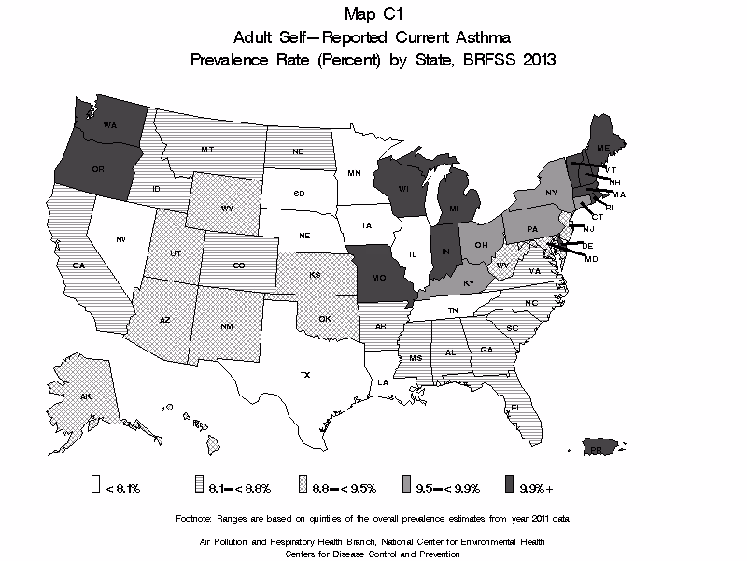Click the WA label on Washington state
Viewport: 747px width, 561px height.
[x=109, y=125]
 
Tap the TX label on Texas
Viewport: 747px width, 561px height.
[x=304, y=374]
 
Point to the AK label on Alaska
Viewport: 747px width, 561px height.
[x=86, y=396]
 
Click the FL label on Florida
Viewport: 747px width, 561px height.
[x=515, y=408]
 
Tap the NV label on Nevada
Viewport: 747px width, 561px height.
[x=121, y=240]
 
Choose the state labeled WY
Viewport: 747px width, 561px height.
[x=226, y=207]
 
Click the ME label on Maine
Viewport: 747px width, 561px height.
[x=603, y=148]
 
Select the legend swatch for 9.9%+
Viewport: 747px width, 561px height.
[x=509, y=484]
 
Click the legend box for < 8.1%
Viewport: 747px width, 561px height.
[x=94, y=484]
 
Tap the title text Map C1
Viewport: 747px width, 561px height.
[x=373, y=14]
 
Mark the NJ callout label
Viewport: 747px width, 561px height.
[x=589, y=229]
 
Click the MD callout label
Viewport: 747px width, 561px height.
[x=591, y=258]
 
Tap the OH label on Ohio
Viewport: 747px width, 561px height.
[x=481, y=245]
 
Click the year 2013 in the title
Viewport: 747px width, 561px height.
[x=537, y=61]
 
